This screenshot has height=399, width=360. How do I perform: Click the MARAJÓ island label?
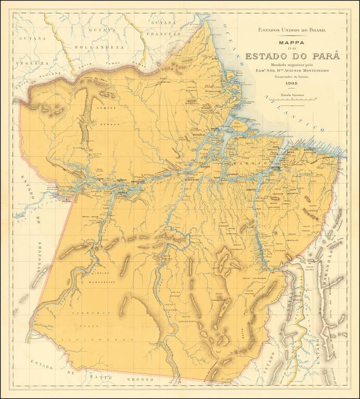(x=248, y=163)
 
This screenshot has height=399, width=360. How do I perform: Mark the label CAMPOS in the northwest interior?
(x=106, y=108)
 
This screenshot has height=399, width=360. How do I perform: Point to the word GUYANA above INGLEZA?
(x=31, y=38)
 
